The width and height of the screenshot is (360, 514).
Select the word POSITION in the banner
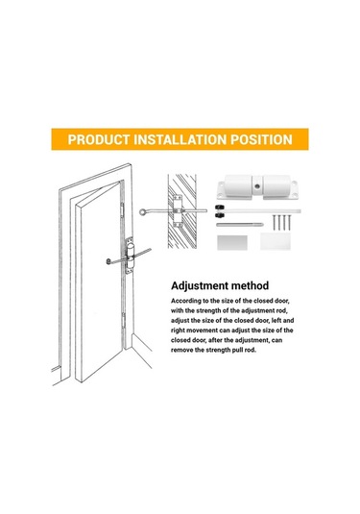point(261,139)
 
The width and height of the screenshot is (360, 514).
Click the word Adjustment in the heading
point(200,286)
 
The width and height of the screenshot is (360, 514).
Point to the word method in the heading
point(250,285)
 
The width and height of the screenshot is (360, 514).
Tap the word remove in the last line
point(181,350)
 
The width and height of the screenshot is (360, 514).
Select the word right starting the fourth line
point(178,330)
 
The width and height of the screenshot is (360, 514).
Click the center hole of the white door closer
point(257,186)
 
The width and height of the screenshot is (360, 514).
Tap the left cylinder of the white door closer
point(238,185)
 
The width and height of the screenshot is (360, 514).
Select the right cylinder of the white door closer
point(276,185)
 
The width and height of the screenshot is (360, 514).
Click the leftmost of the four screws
point(274,222)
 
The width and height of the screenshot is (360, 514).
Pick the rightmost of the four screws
point(289,222)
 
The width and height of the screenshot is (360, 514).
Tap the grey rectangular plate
point(232,242)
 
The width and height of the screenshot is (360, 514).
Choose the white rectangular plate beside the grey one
point(276,241)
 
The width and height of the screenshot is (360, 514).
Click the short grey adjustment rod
point(239,225)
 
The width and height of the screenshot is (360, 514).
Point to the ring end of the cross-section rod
point(143,212)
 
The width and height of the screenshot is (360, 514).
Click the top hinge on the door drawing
point(122,209)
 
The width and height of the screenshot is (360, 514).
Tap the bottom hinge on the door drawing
point(124,320)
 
